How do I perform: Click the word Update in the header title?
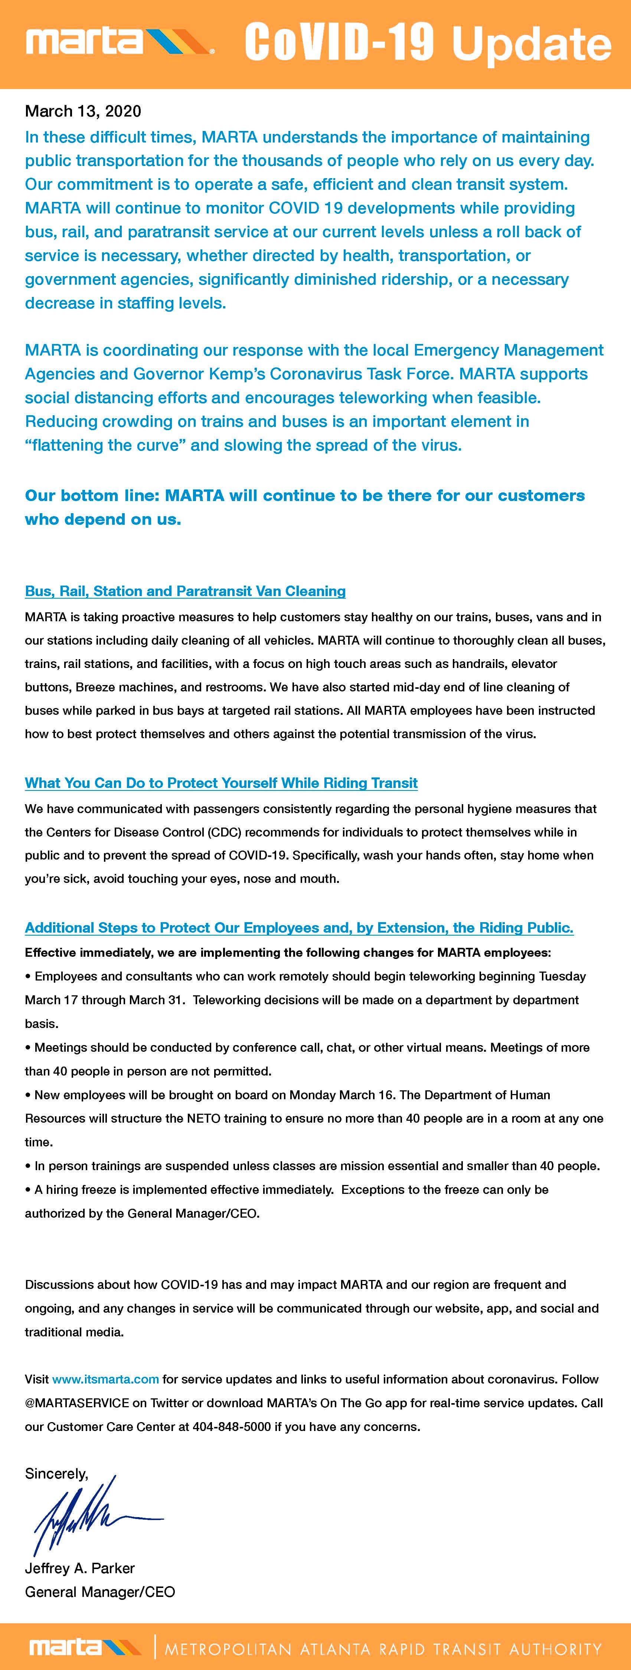(531, 44)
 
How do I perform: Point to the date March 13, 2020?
(83, 111)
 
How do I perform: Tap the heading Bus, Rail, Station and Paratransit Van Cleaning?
(185, 591)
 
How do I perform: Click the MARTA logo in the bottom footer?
(84, 1647)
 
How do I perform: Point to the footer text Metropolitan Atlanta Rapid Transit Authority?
(383, 1648)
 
